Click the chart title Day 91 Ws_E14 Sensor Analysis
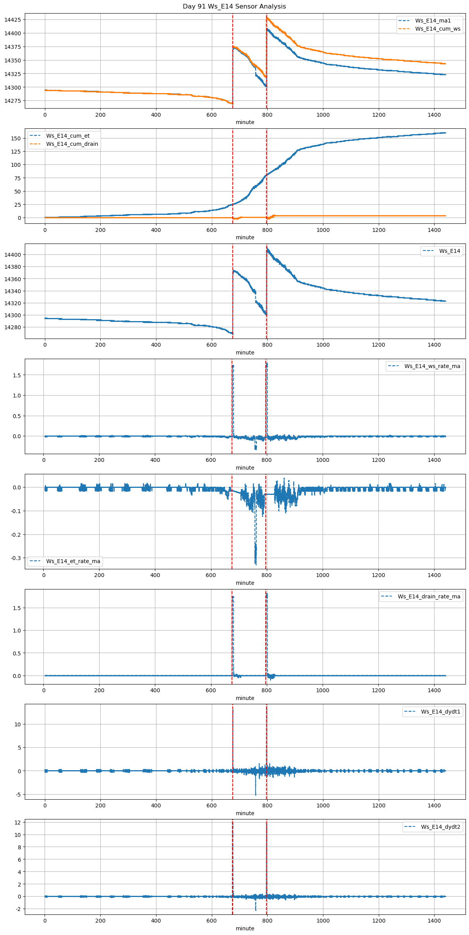point(234,7)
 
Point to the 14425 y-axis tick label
point(13,20)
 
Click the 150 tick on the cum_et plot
point(16,138)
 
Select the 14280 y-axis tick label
point(13,327)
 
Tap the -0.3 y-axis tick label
point(16,558)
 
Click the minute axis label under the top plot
point(245,122)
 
